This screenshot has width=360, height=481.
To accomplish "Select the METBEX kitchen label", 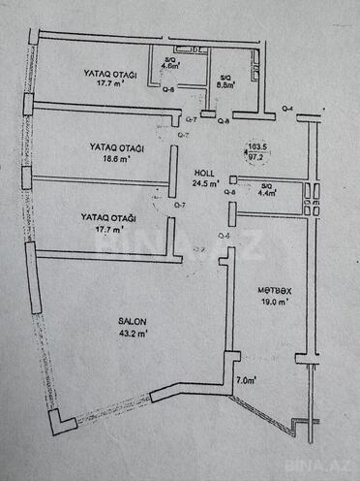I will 274,291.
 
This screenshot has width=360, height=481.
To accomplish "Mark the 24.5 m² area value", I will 206,181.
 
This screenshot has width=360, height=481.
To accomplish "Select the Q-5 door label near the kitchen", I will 225,236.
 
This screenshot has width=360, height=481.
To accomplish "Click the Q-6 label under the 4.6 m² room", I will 167,91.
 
